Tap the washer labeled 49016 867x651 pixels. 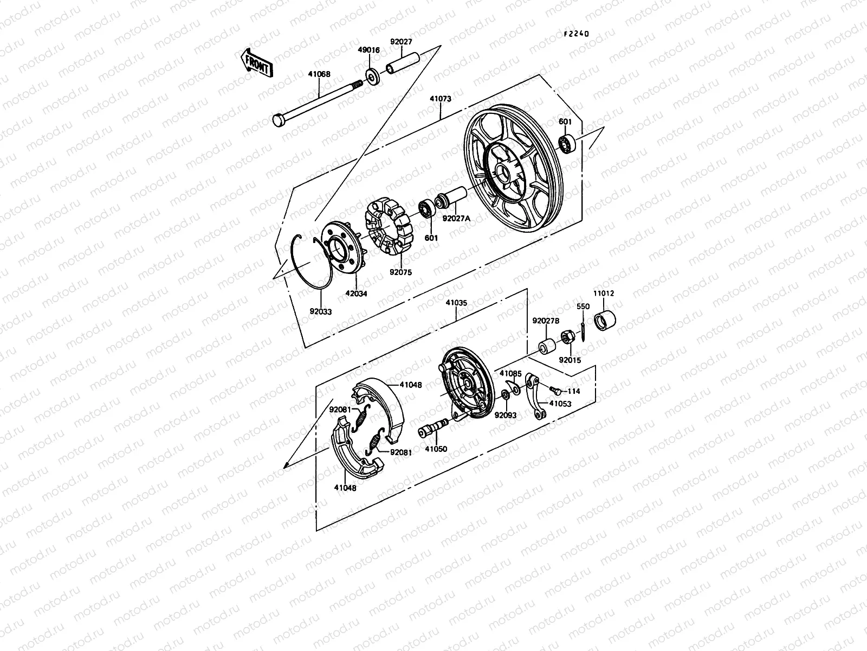click(372, 76)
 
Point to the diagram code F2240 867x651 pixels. click(575, 34)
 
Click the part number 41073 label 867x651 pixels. click(441, 100)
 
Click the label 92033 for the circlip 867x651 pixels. click(321, 312)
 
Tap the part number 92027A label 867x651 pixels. click(456, 219)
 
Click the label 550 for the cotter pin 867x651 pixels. click(583, 307)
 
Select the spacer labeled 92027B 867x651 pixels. click(546, 345)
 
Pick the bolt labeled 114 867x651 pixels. click(555, 389)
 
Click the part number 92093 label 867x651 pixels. click(505, 415)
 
